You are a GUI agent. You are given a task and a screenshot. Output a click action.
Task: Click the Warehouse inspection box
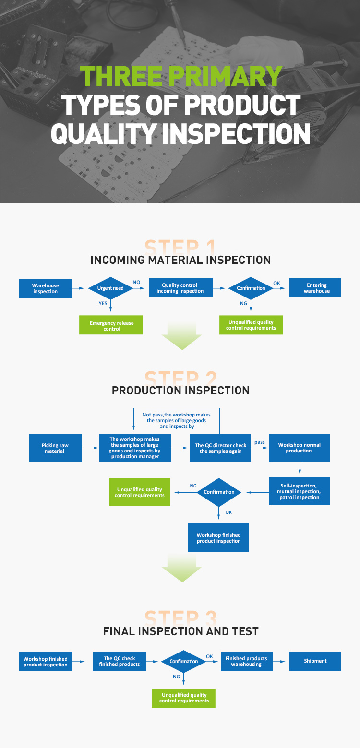click(x=46, y=288)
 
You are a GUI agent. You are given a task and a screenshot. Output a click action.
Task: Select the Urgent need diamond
click(x=111, y=288)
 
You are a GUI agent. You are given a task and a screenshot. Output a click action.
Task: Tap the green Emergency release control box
click(x=112, y=326)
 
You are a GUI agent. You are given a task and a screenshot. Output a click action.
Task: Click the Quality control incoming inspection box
click(x=180, y=288)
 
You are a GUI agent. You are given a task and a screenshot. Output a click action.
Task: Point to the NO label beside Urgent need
click(x=137, y=283)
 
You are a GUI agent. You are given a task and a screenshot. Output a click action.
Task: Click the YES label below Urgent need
click(x=103, y=303)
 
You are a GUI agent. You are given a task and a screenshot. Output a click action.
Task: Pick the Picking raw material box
click(x=55, y=448)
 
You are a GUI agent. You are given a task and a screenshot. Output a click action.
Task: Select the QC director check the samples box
click(x=220, y=448)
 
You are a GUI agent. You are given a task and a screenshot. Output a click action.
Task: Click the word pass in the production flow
click(x=260, y=442)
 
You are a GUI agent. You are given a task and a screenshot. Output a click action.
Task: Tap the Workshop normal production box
click(x=300, y=448)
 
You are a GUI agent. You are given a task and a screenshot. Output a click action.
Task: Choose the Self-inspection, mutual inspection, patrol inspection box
click(x=300, y=491)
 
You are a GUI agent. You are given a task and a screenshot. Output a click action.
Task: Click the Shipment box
click(x=315, y=661)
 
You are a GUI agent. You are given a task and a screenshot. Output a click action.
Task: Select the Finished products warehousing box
click(x=246, y=661)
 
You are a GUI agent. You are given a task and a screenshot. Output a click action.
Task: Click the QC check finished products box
click(x=120, y=661)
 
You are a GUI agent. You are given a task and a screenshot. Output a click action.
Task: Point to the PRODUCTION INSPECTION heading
click(x=180, y=391)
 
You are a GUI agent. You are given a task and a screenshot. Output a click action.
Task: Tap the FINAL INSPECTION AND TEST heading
click(x=180, y=631)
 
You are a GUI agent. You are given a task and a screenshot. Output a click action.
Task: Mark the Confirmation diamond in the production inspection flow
click(x=219, y=492)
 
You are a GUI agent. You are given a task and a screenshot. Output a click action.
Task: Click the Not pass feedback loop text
click(x=176, y=420)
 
